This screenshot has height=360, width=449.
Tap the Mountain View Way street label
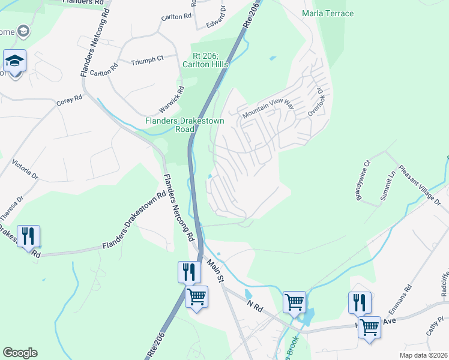point(268,109)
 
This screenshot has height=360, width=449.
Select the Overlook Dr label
point(316,103)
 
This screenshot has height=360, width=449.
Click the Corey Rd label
point(69,101)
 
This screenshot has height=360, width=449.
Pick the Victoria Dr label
point(25,170)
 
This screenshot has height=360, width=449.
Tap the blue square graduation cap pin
point(14,61)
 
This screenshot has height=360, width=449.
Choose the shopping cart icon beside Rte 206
point(196,296)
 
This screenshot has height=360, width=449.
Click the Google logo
point(20,353)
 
